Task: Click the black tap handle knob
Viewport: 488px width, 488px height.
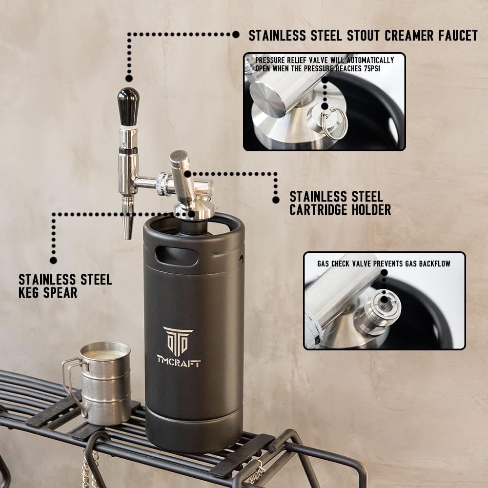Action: [128, 105]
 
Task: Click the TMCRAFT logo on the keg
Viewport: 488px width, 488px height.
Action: [178, 347]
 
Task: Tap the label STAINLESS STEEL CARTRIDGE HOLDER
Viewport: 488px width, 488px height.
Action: [340, 203]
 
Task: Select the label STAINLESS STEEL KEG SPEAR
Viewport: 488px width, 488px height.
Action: [65, 286]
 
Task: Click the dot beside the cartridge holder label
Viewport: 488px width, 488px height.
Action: [276, 199]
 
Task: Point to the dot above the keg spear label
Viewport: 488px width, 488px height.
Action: [53, 260]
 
